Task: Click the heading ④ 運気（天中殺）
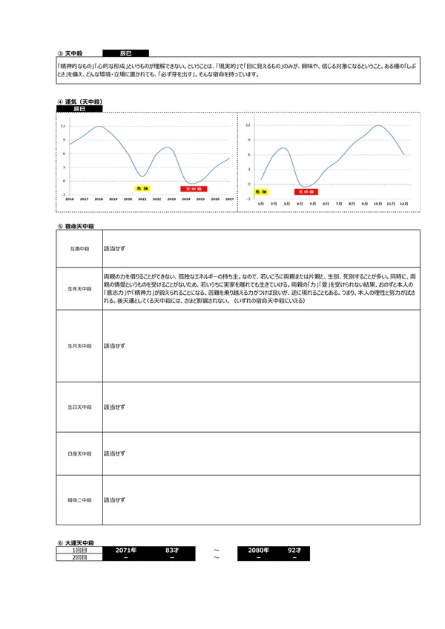[x=79, y=101]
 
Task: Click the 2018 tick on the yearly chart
[x=99, y=199]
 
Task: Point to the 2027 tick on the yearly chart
[x=229, y=199]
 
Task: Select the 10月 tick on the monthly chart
[x=378, y=202]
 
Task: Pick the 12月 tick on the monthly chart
[x=403, y=202]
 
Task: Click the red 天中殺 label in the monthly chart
[x=305, y=192]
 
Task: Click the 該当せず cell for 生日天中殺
[x=114, y=407]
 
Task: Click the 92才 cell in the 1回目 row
[x=294, y=550]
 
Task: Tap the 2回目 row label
[x=79, y=557]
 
